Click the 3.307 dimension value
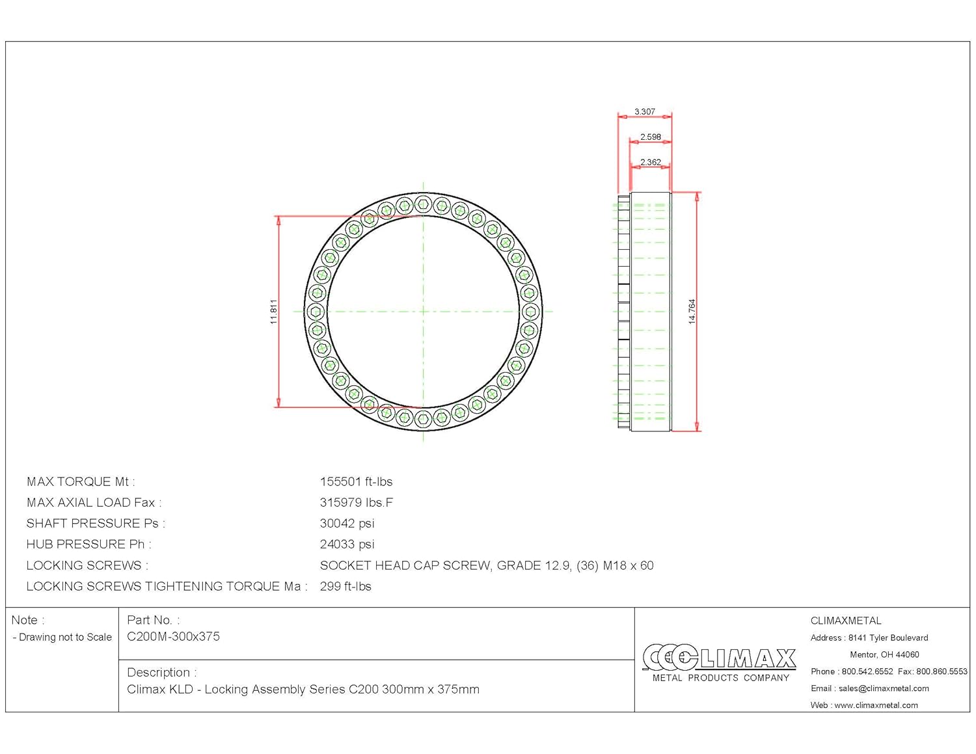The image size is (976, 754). pos(645,111)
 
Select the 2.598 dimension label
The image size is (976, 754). pos(651,137)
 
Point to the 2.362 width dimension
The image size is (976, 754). pos(651,162)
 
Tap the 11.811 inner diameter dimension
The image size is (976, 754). pos(273,312)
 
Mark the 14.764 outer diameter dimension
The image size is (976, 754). pos(692,312)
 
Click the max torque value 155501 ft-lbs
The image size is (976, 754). pos(356,482)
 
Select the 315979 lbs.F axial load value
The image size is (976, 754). pos(357,502)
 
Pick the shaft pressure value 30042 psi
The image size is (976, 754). pos(347,524)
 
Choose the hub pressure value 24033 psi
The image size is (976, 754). pos(347,545)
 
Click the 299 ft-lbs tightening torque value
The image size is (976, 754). pos(346,587)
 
